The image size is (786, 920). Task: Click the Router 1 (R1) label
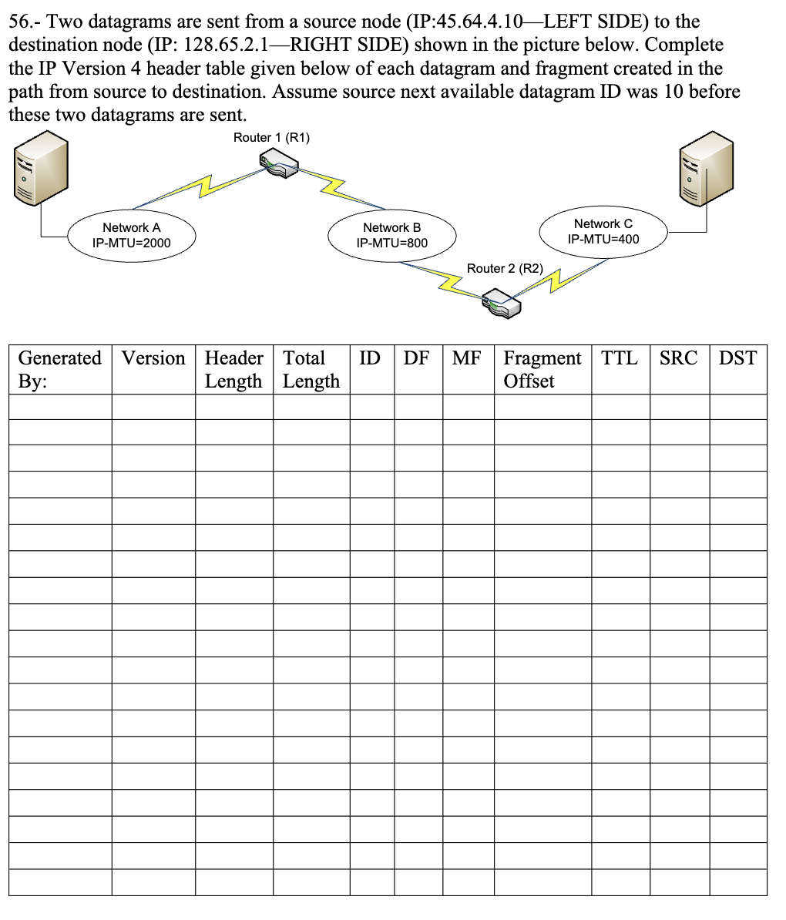(271, 138)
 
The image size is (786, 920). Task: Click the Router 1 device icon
(279, 163)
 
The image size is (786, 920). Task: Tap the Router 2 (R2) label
(505, 268)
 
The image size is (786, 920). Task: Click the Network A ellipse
(132, 235)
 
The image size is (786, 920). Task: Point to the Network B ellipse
(391, 235)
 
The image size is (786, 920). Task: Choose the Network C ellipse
(603, 231)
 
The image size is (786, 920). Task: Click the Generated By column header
(59, 369)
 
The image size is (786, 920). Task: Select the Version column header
(153, 358)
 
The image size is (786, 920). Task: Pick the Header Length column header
(233, 369)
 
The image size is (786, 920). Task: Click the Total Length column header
(311, 369)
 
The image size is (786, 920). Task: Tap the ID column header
(370, 358)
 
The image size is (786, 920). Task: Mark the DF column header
(416, 358)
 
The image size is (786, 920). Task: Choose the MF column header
(466, 358)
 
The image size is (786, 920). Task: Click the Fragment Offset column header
(542, 369)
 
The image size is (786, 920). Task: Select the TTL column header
(620, 358)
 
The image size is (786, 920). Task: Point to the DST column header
(737, 358)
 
